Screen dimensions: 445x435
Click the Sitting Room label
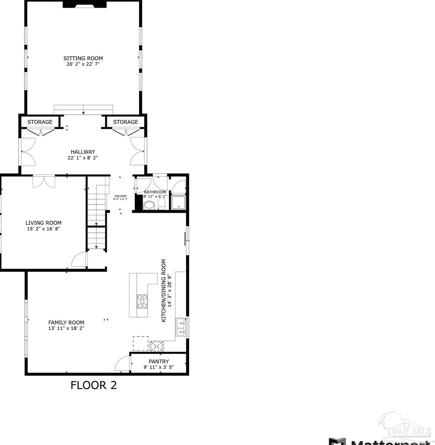[83, 58]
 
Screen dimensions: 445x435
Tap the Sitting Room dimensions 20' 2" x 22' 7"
[83, 64]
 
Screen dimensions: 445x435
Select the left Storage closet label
[40, 122]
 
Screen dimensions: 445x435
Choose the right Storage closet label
[126, 122]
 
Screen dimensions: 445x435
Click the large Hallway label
[83, 152]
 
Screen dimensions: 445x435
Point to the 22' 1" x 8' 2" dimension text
[83, 158]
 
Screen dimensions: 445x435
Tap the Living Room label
[43, 223]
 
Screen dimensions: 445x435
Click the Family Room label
[66, 322]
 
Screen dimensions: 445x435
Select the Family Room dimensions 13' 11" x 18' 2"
[66, 328]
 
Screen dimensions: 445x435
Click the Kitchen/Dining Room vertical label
[164, 291]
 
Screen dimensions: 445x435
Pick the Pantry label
[159, 361]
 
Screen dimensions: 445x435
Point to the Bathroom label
[155, 192]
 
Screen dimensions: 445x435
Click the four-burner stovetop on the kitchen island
[142, 301]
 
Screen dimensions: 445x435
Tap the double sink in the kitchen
[181, 327]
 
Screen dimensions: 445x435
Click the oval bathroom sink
[149, 205]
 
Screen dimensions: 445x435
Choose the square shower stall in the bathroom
[178, 202]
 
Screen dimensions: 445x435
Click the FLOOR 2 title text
[94, 385]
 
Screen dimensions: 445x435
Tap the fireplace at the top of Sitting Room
[85, 4]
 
